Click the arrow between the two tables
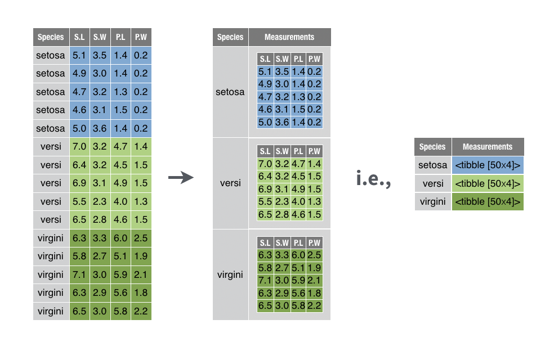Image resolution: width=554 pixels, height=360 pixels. [x=181, y=178]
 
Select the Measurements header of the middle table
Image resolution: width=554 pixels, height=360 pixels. [x=289, y=37]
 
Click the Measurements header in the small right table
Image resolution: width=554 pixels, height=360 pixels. [x=488, y=147]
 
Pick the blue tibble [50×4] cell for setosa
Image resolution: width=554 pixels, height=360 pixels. [x=488, y=165]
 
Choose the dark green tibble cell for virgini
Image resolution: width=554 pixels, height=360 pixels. [x=488, y=201]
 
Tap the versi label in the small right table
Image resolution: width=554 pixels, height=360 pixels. [x=432, y=183]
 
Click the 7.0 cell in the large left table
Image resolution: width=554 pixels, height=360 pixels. [x=79, y=147]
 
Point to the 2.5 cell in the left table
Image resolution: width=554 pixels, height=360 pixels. [x=141, y=238]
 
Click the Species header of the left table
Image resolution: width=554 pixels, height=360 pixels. [x=51, y=38]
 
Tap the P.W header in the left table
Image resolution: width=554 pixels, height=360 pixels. [x=141, y=38]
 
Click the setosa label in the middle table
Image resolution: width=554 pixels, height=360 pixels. [x=230, y=92]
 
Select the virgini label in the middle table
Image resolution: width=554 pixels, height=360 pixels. [x=230, y=274]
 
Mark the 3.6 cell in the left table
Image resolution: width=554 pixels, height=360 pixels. [x=100, y=128]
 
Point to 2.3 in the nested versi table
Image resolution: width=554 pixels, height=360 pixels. [x=282, y=201]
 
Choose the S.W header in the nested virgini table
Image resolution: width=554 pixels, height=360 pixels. [x=282, y=243]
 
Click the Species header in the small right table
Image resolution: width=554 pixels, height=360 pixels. [x=432, y=147]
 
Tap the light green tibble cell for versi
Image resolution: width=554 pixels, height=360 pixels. [x=488, y=183]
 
